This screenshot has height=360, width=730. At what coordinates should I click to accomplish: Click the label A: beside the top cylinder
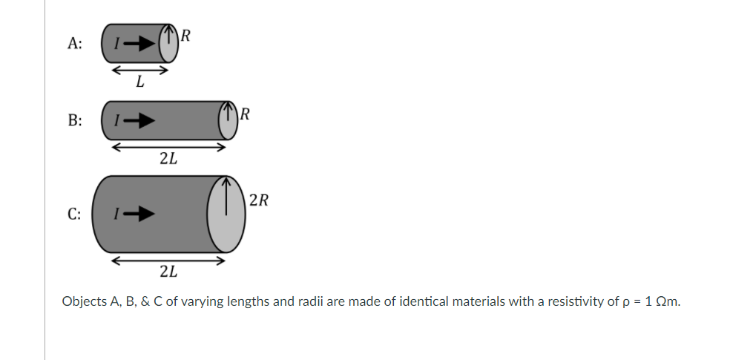(74, 43)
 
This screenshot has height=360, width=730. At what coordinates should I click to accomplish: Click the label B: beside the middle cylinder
(74, 120)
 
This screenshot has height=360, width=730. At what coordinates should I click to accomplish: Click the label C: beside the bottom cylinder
(74, 215)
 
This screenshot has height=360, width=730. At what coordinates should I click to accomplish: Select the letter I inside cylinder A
(115, 43)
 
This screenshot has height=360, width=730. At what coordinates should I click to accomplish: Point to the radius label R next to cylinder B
(246, 114)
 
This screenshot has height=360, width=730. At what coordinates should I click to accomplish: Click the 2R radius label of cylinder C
(259, 200)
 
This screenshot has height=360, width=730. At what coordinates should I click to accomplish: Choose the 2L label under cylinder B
(168, 158)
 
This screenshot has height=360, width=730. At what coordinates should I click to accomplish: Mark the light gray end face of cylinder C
(227, 215)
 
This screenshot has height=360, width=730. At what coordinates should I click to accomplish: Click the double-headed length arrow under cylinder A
(139, 71)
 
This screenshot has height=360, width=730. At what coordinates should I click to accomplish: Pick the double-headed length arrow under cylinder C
(168, 261)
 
